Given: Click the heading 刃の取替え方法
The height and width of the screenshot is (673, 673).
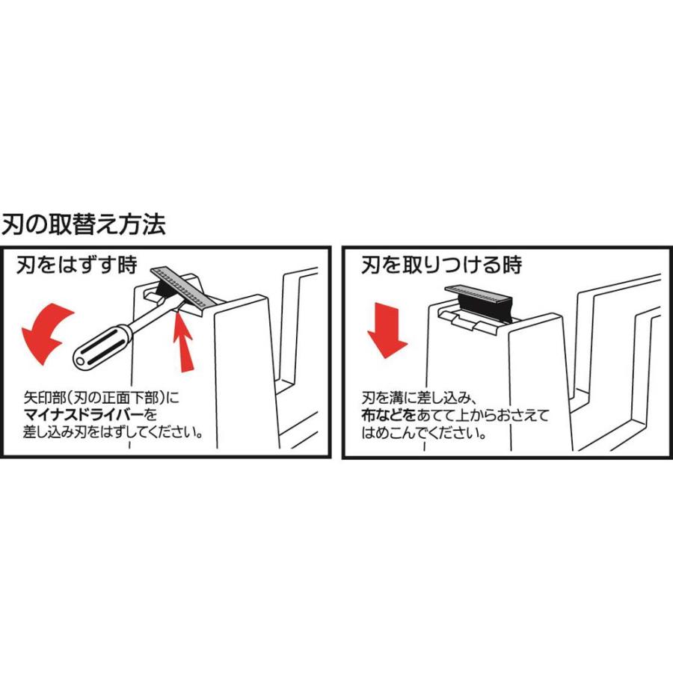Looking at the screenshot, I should [x=83, y=224].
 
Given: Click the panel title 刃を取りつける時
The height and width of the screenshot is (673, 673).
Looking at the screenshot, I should [x=441, y=265].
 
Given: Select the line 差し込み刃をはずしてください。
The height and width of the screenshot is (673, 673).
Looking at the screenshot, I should [x=113, y=432].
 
